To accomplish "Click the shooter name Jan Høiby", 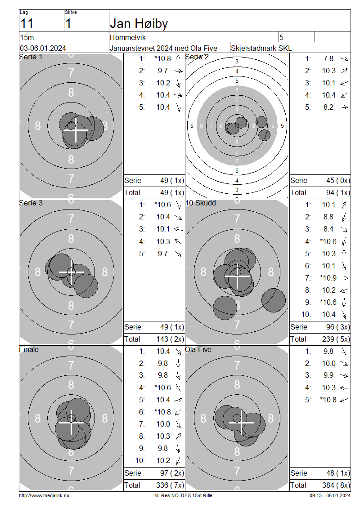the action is [139, 24].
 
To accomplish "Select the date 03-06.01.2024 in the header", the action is [43, 48].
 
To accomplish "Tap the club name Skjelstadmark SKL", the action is [261, 48].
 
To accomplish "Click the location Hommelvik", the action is [128, 38].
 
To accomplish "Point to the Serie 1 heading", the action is [31, 57].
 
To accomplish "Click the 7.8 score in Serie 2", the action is [328, 58].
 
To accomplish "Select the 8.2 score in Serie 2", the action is [328, 107].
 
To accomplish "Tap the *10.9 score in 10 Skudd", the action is [328, 278].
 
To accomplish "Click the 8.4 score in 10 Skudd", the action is [328, 229].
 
